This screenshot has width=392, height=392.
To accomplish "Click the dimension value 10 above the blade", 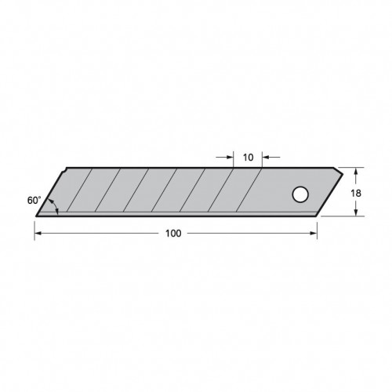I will pos(248,158).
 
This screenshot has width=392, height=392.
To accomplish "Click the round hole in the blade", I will pos(299,194).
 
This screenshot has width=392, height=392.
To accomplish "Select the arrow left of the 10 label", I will pos(230,158).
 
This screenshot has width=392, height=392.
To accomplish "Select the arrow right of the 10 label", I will pos(267,158).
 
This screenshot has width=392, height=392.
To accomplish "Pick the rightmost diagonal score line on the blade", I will pos(247,191).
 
